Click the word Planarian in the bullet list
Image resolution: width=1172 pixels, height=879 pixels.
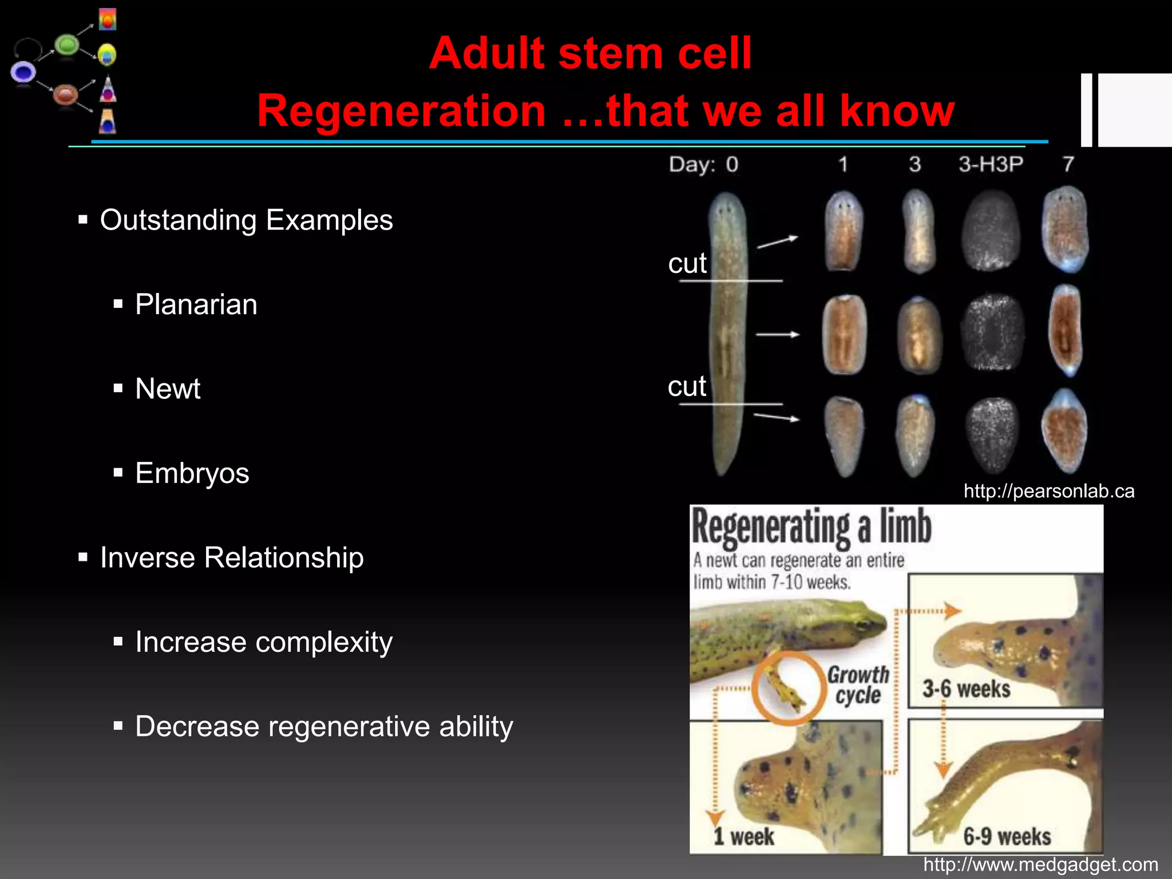coord(196,304)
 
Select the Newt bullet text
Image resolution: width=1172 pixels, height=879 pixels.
coord(168,389)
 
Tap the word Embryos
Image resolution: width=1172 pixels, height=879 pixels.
coord(192,473)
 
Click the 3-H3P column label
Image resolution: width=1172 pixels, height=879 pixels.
coord(991,164)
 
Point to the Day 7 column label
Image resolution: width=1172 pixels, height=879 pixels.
coord(1068,164)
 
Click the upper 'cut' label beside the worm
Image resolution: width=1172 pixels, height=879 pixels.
coord(687,263)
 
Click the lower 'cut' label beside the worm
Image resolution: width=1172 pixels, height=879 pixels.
coord(687,386)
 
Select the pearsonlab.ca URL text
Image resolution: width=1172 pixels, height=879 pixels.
coord(1048,491)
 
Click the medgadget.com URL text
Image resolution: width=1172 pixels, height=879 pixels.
coord(1040,864)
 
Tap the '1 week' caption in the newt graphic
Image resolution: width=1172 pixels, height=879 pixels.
coord(743,837)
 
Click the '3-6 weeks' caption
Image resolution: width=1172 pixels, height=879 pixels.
coord(966,688)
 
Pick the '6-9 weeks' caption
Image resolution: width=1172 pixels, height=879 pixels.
coord(1007,837)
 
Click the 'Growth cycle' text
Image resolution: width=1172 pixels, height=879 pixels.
coord(858,685)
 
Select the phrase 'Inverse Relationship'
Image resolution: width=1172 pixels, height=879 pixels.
coord(232,557)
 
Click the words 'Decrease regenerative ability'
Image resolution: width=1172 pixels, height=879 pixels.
coord(324,726)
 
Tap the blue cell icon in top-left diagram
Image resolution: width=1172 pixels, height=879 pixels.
coord(23,73)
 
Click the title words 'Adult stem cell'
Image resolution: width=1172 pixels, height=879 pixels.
coord(590,53)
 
